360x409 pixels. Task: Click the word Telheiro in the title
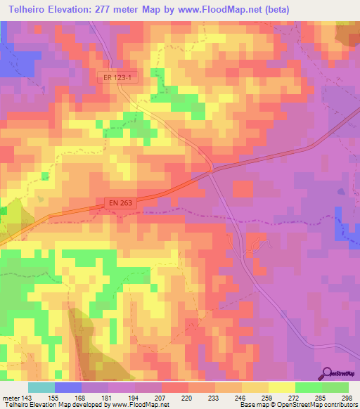coord(29,10)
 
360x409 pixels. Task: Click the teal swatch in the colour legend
coord(41,387)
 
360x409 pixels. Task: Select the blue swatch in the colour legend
coord(68,387)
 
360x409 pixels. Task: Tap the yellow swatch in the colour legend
coord(281,387)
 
